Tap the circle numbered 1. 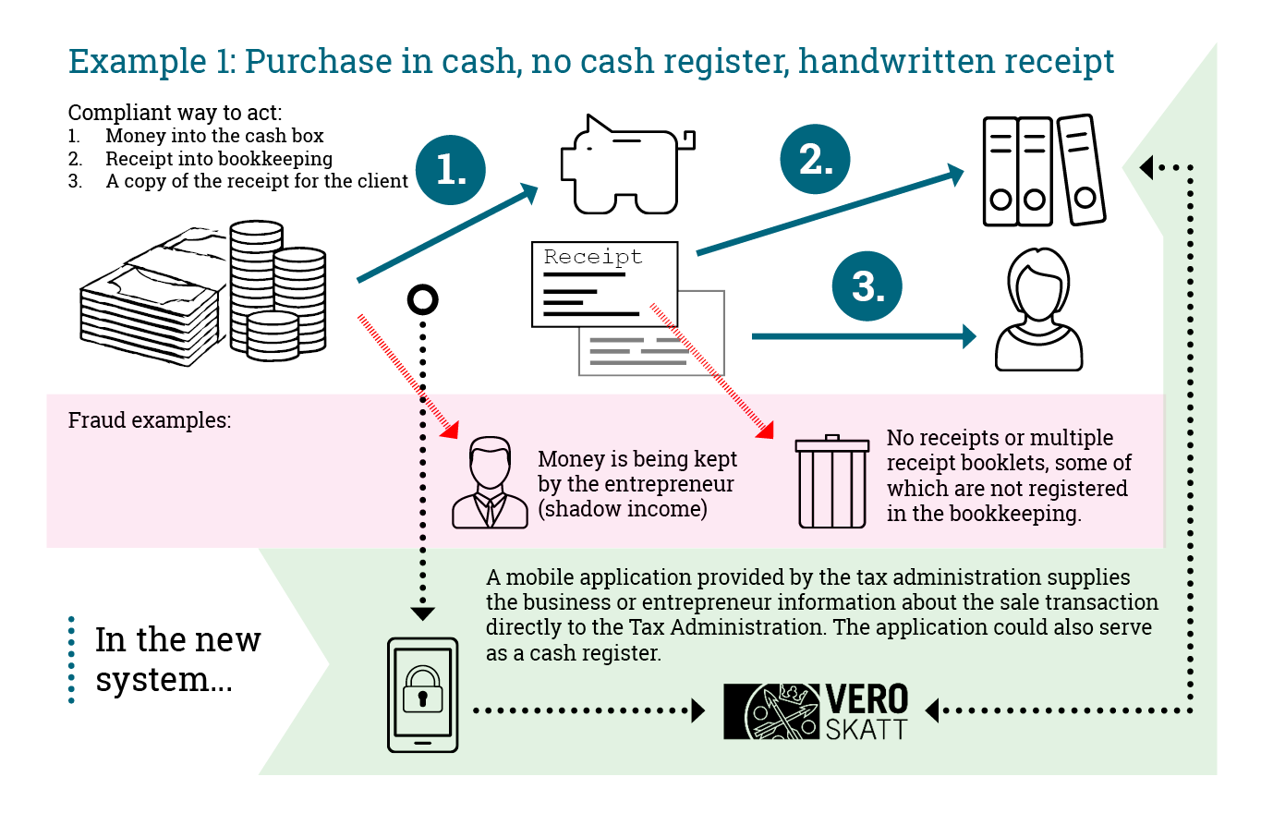click(452, 170)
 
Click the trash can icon click(832, 481)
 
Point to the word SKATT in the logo click(867, 728)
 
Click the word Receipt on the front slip click(592, 258)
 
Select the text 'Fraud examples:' click(149, 420)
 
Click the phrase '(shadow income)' click(622, 508)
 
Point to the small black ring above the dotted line click(422, 299)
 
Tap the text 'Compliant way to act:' click(175, 114)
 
